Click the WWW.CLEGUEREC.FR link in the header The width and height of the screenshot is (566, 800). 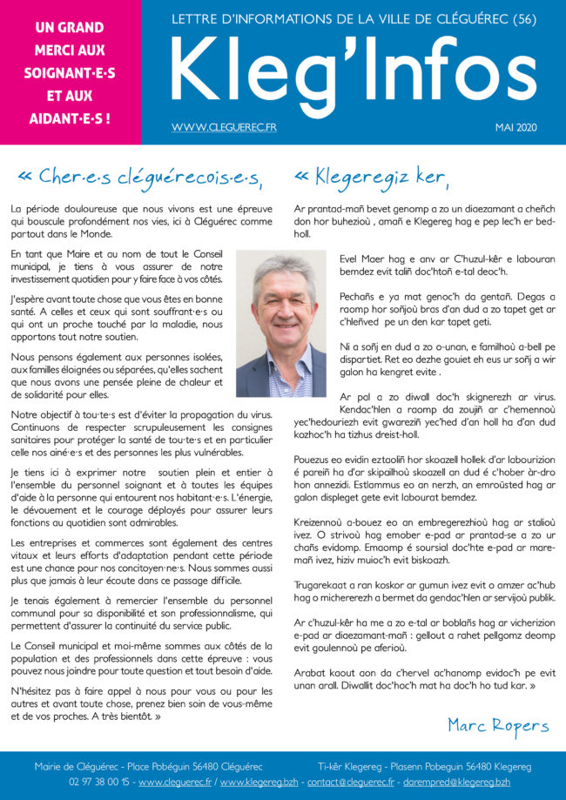tap(224, 128)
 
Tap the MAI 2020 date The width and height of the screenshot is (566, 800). tap(516, 128)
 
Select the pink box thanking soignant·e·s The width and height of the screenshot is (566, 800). tap(71, 72)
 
